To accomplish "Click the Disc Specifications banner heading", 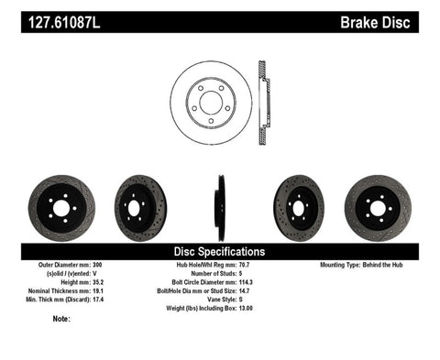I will point(220,251).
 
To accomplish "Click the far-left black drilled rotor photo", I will point(61,208).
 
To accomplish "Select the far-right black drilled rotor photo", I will point(377,208).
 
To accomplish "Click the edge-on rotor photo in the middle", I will point(220,208).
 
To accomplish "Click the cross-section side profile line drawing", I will point(266,99).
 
